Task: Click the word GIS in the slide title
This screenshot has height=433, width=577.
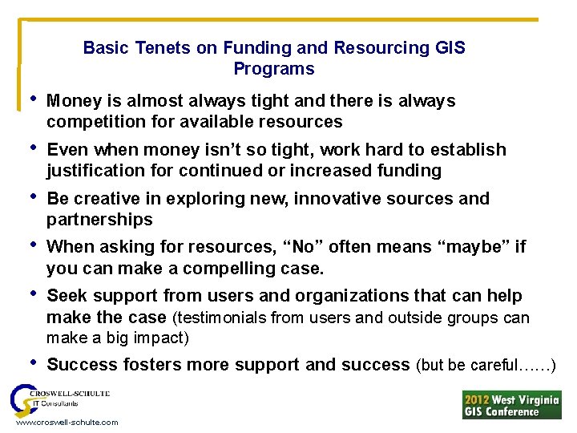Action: coord(450,48)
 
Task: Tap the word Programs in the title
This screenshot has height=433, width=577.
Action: coord(274,69)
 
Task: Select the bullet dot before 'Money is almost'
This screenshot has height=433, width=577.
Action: coord(31,100)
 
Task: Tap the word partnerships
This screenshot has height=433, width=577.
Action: coord(99,220)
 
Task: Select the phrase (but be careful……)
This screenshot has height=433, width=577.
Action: coord(486,366)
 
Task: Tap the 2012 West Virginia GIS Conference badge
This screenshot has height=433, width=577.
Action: coord(511,404)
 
